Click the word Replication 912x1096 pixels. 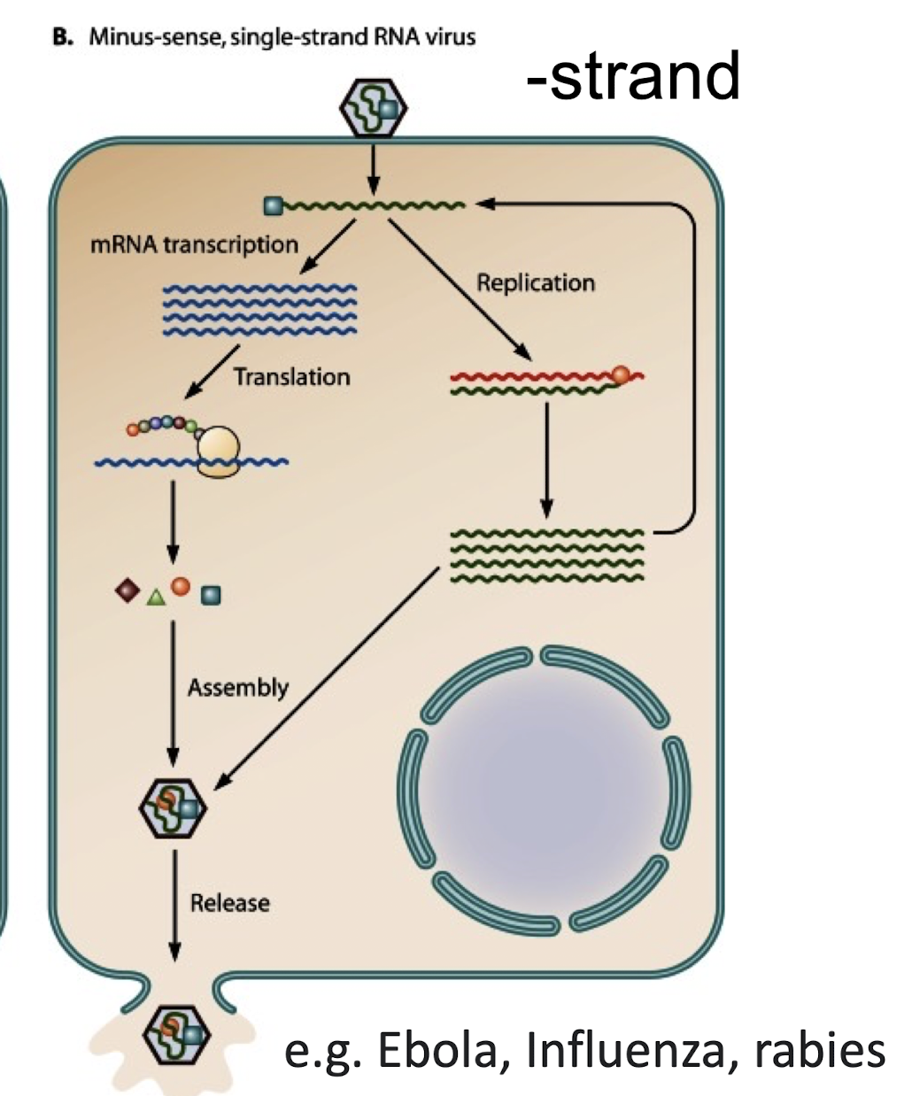535,283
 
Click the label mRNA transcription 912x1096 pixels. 194,244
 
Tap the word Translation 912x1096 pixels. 291,377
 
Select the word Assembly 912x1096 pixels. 237,688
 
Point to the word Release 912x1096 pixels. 229,904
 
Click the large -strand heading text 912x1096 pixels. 632,76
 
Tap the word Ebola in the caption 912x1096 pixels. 442,1051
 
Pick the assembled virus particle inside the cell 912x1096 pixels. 174,807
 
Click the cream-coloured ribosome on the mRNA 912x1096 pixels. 218,450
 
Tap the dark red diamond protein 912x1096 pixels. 127,589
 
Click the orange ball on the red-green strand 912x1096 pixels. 621,374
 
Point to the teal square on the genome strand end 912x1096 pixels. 274,207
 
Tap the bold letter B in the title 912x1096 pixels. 60,38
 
